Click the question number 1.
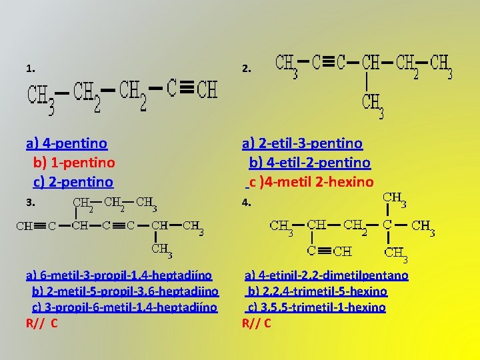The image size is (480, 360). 30,68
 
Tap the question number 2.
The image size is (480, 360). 246,68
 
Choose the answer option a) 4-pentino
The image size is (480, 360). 67,143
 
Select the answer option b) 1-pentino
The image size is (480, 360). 74,162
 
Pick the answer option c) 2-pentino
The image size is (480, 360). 73,181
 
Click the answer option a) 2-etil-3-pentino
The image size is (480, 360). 302,143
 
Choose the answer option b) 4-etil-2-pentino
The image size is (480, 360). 310,162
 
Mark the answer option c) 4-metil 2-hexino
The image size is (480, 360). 311,181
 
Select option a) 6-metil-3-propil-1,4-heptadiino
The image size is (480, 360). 119,275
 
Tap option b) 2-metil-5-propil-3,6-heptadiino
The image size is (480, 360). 126,291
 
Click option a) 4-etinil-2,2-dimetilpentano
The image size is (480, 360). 327,275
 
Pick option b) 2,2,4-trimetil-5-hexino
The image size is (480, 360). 317,291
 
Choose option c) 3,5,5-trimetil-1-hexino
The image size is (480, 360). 317,307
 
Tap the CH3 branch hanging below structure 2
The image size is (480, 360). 373,104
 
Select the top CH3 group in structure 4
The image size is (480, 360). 395,199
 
